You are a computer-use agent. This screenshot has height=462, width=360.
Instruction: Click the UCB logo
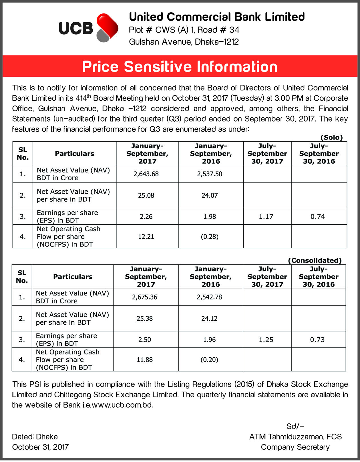(x=88, y=28)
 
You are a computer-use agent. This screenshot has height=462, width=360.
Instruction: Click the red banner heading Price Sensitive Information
(x=180, y=67)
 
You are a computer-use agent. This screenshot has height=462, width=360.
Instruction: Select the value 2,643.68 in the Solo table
(x=146, y=174)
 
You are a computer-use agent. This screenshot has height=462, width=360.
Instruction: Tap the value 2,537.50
(x=210, y=174)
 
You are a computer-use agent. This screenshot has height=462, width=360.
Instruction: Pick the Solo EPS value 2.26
(x=146, y=217)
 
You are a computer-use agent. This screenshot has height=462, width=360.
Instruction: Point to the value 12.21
(x=146, y=237)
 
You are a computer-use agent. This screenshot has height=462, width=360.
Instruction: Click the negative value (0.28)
(x=210, y=237)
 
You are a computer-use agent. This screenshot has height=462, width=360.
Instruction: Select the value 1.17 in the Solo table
(x=266, y=217)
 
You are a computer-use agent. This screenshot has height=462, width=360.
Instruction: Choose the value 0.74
(x=318, y=217)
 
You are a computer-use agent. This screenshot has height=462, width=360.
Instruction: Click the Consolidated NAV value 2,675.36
(x=145, y=297)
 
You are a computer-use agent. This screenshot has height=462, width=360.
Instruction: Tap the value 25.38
(x=145, y=318)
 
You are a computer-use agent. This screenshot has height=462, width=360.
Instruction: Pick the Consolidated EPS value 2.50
(x=145, y=340)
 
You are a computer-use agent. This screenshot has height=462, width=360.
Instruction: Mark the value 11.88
(x=145, y=360)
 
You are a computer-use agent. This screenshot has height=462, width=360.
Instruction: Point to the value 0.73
(x=317, y=340)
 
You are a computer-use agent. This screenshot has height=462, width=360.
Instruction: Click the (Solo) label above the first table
(x=331, y=138)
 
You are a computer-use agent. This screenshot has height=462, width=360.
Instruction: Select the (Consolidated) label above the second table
(x=315, y=261)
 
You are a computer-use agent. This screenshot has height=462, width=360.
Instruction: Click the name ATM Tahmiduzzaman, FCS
(x=295, y=437)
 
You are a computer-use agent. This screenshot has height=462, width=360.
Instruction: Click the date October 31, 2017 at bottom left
(x=40, y=447)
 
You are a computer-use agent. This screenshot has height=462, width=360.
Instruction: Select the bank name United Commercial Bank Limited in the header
(x=217, y=17)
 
